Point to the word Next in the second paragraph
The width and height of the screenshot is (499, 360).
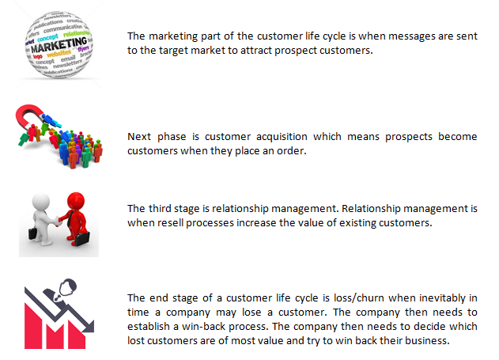139,136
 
